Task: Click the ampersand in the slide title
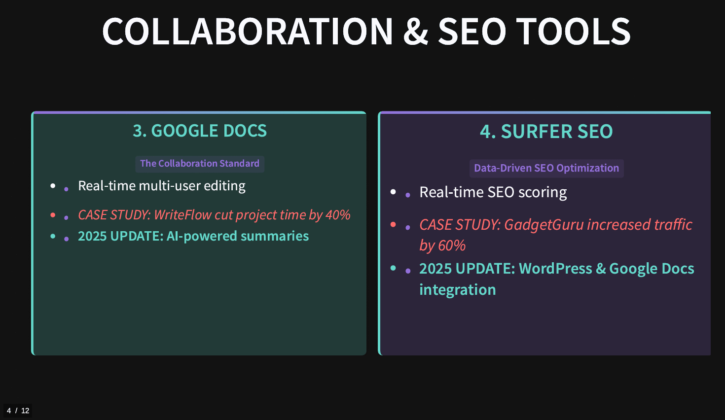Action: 416,31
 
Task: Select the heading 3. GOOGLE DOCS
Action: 200,131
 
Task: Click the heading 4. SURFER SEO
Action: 546,131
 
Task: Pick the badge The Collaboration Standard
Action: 200,164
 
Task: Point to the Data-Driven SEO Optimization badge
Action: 546,168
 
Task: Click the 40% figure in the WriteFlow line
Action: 338,215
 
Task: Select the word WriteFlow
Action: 182,215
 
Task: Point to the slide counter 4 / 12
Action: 18,411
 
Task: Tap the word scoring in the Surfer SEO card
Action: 543,192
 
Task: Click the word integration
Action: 458,289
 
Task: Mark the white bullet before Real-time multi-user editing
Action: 53,186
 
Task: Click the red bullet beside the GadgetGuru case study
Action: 393,225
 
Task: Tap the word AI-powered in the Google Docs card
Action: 202,236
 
